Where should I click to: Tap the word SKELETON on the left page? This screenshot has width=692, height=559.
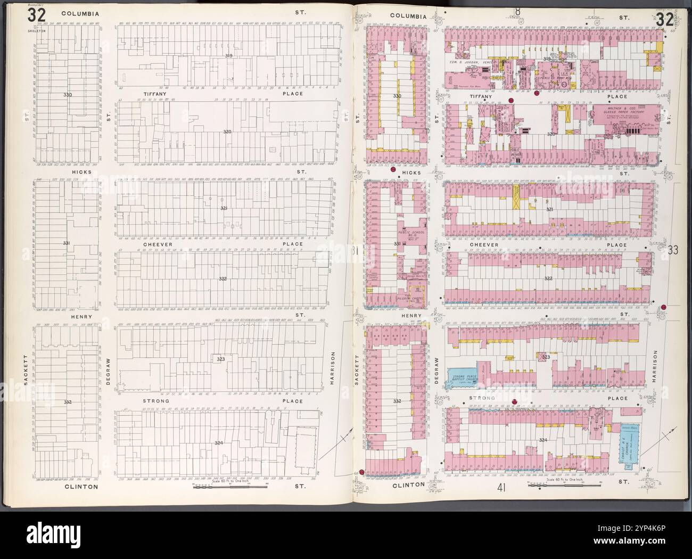click(36, 31)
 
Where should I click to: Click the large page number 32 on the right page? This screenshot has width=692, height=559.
click(665, 20)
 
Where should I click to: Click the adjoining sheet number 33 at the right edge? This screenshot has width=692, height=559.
click(672, 250)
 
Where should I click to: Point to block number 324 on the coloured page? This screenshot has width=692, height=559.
click(543, 440)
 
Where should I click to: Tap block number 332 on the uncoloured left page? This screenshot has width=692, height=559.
click(67, 402)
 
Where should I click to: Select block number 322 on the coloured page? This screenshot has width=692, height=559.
click(549, 278)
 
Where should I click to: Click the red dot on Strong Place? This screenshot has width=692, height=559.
click(514, 402)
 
